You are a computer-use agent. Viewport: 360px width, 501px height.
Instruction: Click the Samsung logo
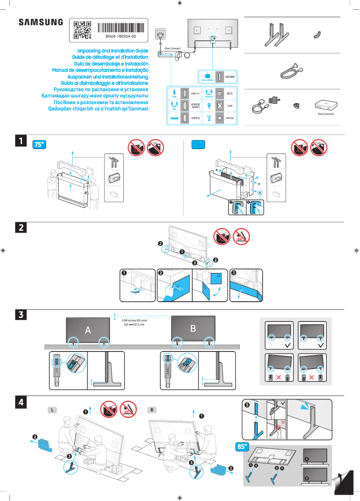point(40,22)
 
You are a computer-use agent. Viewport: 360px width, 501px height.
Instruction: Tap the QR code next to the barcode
point(82,30)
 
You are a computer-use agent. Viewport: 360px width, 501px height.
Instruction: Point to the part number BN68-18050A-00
point(120,36)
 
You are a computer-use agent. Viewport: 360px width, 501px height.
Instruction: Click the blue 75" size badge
point(40,145)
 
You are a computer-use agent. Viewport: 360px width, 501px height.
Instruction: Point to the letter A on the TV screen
point(88,330)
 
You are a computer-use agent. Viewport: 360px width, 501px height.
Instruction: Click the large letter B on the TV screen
point(193,328)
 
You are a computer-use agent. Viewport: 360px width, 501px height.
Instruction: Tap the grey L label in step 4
point(53,410)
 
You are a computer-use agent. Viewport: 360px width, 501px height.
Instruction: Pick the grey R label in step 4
point(153,410)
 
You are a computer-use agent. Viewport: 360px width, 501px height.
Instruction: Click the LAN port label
point(229,106)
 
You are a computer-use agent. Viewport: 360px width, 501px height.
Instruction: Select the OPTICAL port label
point(209,97)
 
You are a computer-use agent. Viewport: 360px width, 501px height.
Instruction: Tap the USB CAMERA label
point(207,79)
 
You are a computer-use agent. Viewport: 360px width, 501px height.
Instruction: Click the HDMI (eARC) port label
point(195,105)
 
